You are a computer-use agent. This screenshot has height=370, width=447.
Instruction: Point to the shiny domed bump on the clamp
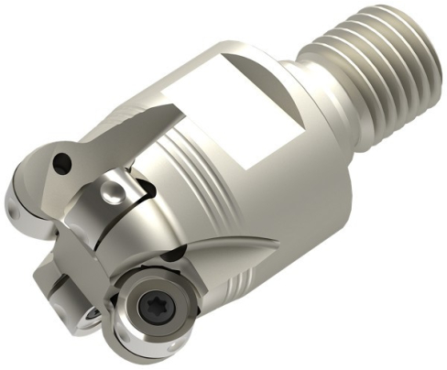tap(111, 190)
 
